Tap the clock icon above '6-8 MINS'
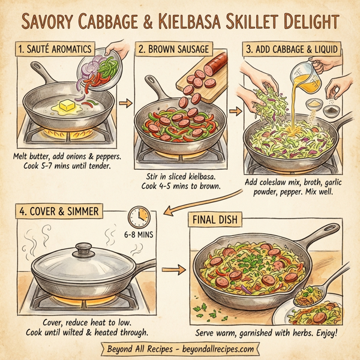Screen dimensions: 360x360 coord(138,217)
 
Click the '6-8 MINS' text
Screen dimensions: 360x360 coord(139,236)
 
